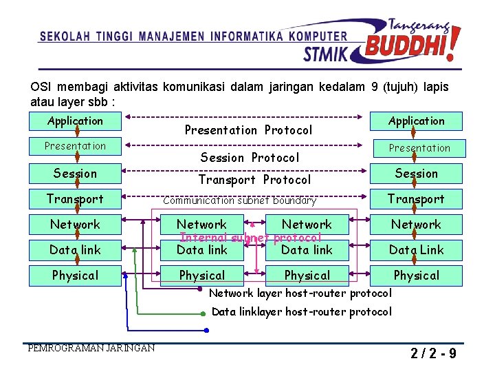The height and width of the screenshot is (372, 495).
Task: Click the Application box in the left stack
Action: click(76, 121)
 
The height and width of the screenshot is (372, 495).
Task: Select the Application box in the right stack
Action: click(416, 121)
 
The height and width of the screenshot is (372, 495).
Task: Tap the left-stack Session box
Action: click(76, 174)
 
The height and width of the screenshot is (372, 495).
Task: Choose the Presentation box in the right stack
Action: click(419, 148)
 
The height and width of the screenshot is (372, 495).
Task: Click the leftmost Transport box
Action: click(76, 199)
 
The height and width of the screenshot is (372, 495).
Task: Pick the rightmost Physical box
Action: click(416, 276)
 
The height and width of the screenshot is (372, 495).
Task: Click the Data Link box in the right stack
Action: click(416, 250)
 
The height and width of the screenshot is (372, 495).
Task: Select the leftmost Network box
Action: click(76, 225)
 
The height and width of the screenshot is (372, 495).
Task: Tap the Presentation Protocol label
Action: click(248, 130)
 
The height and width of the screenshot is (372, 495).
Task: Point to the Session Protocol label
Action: click(250, 158)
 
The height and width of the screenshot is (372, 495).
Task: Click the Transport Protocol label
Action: click(254, 180)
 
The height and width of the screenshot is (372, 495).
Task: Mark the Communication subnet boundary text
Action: click(239, 201)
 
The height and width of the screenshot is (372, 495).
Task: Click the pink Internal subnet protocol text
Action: click(250, 238)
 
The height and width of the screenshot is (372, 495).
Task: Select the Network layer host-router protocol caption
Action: click(300, 293)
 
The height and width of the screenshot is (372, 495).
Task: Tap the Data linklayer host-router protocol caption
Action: click(302, 312)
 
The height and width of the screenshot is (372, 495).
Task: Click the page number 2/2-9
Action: click(434, 355)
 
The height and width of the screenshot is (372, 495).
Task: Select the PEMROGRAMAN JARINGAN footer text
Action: click(91, 348)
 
